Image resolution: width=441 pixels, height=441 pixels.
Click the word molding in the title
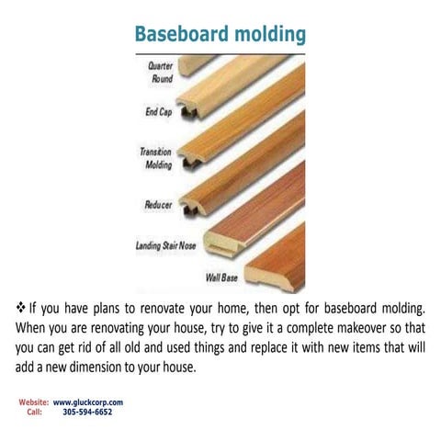pyautogui.click(x=265, y=35)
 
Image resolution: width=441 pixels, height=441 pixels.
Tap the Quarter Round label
pyautogui.click(x=162, y=73)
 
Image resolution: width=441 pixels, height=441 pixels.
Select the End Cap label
pyautogui.click(x=159, y=114)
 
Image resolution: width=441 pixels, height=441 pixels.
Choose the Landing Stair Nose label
pyautogui.click(x=171, y=245)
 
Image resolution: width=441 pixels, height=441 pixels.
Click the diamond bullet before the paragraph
pyautogui.click(x=21, y=306)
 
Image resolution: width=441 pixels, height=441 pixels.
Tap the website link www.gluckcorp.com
pyautogui.click(x=88, y=402)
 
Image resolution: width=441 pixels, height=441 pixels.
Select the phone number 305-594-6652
pyautogui.click(x=87, y=413)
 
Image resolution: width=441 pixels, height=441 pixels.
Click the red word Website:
pyautogui.click(x=33, y=402)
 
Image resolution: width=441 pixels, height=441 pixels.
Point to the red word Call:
pyautogui.click(x=34, y=413)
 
